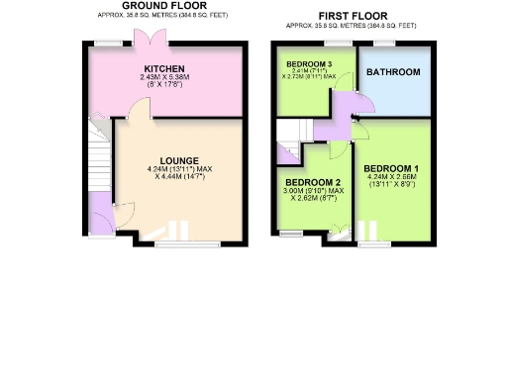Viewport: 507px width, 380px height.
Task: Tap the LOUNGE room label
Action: [x=179, y=160]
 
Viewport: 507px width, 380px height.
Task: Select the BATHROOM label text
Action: [x=394, y=73]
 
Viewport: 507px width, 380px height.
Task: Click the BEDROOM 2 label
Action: [x=313, y=182]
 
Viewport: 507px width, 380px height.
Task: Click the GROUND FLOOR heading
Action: [x=157, y=6]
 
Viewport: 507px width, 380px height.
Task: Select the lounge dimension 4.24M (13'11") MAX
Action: [x=179, y=169]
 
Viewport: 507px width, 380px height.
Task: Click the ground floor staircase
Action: [x=98, y=163]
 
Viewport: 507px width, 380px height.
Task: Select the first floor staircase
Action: [x=288, y=131]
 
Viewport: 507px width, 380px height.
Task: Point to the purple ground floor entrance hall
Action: [x=100, y=212]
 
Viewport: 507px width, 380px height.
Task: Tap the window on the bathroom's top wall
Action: [x=383, y=43]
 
